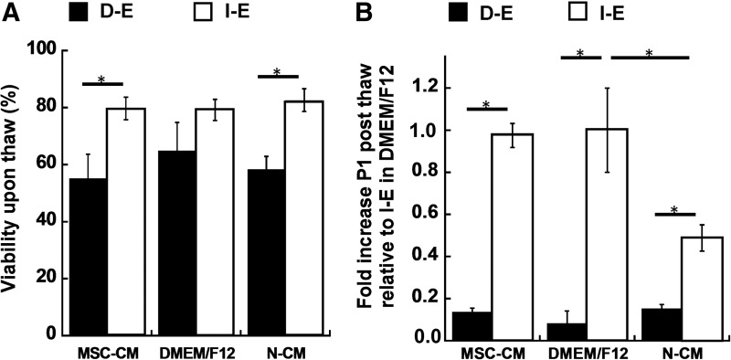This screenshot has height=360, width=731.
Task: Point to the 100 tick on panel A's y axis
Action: (46, 49)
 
